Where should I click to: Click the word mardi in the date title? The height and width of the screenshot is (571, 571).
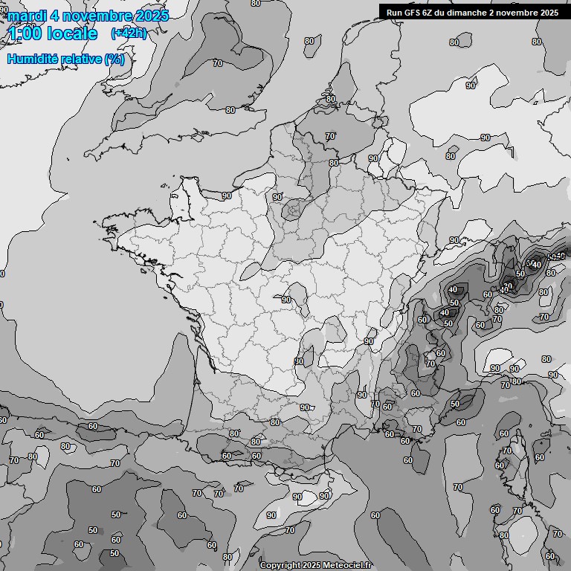pyautogui.click(x=26, y=16)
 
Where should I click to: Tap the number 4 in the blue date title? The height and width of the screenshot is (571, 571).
pyautogui.click(x=55, y=16)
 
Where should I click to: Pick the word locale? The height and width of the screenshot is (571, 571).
pyautogui.click(x=72, y=33)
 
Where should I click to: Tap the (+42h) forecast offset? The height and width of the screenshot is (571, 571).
pyautogui.click(x=128, y=33)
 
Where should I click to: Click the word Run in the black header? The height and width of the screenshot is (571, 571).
pyautogui.click(x=394, y=12)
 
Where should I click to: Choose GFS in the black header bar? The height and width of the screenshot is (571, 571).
pyautogui.click(x=413, y=12)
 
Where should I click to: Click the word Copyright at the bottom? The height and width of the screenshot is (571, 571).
pyautogui.click(x=280, y=565)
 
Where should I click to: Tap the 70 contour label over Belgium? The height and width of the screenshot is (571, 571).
pyautogui.click(x=330, y=136)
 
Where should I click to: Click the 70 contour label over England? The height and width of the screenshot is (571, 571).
pyautogui.click(x=218, y=63)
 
